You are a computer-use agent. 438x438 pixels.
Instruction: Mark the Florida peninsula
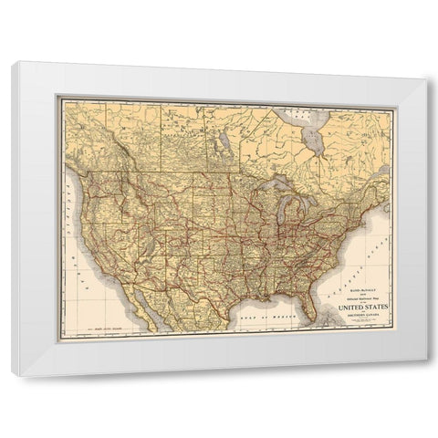tap(312, 306)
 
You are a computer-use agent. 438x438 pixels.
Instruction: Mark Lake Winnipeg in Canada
tap(223, 137)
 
